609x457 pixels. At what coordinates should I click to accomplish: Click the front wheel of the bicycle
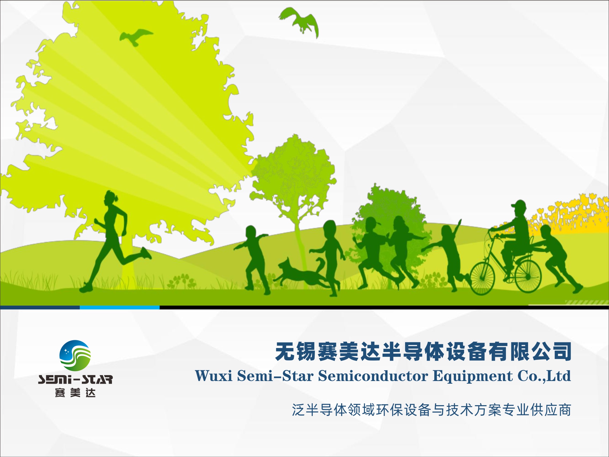[x=482, y=278]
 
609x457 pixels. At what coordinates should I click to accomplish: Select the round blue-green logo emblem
[x=75, y=355]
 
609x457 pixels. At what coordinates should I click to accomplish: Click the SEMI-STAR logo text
[x=75, y=379]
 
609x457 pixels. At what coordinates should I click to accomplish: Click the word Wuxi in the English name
[x=214, y=376]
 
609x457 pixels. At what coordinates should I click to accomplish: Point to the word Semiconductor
[x=373, y=376]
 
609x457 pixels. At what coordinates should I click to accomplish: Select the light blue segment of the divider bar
[x=119, y=307]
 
